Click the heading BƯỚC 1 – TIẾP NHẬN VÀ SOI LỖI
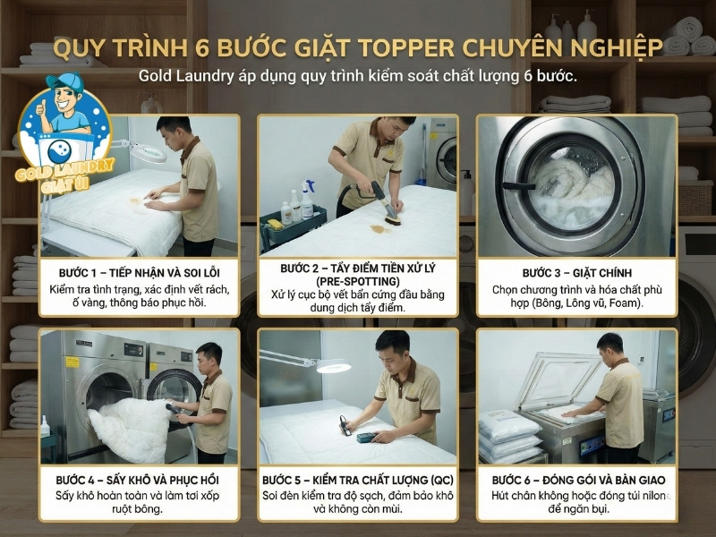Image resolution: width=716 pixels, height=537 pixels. pos(140,270)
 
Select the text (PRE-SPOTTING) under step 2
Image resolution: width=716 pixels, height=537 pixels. pos(358,281)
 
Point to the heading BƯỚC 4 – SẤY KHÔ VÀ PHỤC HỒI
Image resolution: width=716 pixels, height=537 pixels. pos(140,480)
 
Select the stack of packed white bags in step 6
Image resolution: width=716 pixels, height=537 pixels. pos(510,433)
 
